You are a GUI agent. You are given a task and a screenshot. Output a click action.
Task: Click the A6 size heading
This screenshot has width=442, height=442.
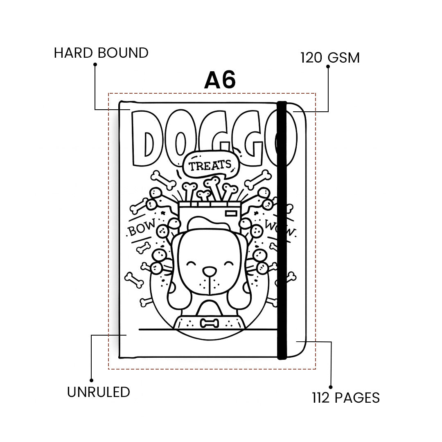click(x=220, y=80)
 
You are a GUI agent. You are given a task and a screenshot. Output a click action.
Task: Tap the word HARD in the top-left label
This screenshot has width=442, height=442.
click(x=73, y=53)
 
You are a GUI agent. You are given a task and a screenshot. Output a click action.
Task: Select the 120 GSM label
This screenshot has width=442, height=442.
click(x=330, y=58)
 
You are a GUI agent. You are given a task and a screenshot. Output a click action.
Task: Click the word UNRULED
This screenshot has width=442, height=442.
click(x=98, y=392)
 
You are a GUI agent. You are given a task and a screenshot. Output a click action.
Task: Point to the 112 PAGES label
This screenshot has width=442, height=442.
click(x=346, y=398)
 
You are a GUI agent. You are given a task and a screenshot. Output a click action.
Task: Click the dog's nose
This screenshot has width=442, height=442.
click(x=210, y=271)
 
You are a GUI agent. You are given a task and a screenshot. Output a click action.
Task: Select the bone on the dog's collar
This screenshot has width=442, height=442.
click(x=209, y=323)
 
